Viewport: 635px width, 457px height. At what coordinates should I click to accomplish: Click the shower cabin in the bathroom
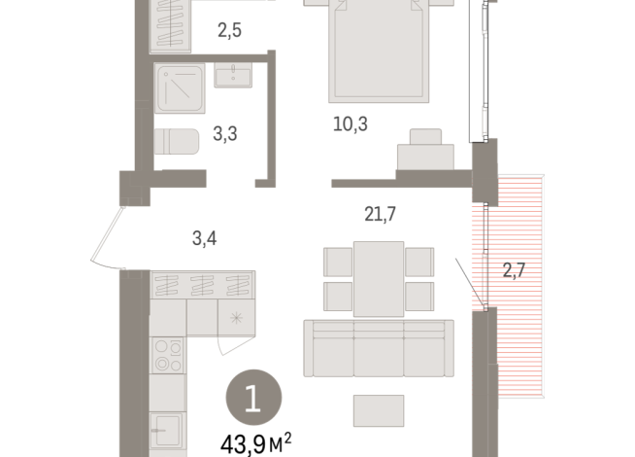click(179, 89)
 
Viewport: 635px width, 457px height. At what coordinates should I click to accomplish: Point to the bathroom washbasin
click(233, 75)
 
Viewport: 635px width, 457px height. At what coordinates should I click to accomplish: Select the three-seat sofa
click(378, 347)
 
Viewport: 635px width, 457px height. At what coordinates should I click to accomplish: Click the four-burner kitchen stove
click(167, 354)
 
